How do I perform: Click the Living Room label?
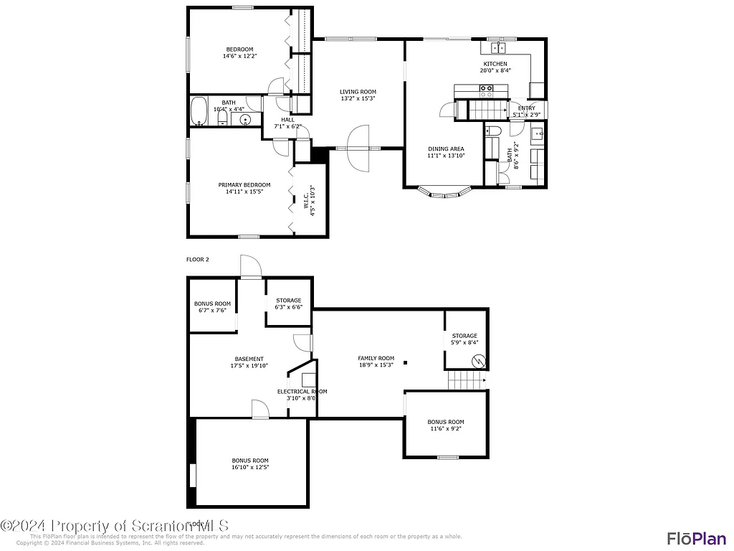tap(358, 92)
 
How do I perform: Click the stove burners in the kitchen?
tap(487, 90)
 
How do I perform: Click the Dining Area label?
tap(446, 149)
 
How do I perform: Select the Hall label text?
tap(287, 120)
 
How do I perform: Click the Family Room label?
tap(376, 358)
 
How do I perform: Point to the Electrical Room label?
tap(302, 392)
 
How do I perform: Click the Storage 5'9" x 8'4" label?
tap(464, 336)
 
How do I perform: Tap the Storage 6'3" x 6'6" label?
tap(288, 301)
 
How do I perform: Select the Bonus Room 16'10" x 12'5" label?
tap(250, 461)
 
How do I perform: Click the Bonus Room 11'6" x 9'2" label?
tap(446, 422)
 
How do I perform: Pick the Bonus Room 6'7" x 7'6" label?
tap(213, 303)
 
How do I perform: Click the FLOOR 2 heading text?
tap(198, 260)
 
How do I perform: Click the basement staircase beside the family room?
tap(466, 380)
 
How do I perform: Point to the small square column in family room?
tap(406, 363)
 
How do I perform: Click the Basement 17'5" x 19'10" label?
tap(249, 359)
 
